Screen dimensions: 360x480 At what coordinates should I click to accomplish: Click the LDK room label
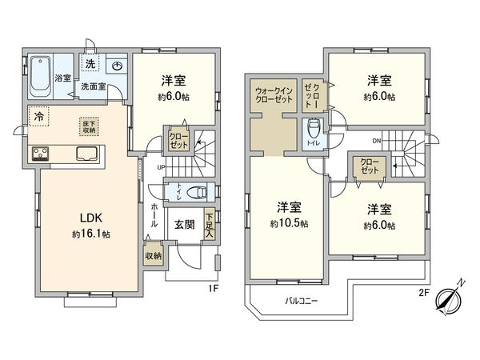tap(89, 217)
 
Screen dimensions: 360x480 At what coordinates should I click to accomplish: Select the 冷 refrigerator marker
tap(38, 117)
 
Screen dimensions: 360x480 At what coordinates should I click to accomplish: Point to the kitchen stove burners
tap(42, 154)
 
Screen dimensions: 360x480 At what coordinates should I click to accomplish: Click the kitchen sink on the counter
tap(88, 154)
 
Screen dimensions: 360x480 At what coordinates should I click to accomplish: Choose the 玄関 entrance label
tap(184, 224)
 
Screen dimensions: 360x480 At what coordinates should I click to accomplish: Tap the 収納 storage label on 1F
tap(153, 256)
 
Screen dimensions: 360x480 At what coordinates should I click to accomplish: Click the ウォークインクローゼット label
tap(274, 95)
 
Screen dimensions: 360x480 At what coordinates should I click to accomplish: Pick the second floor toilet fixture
tap(314, 128)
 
